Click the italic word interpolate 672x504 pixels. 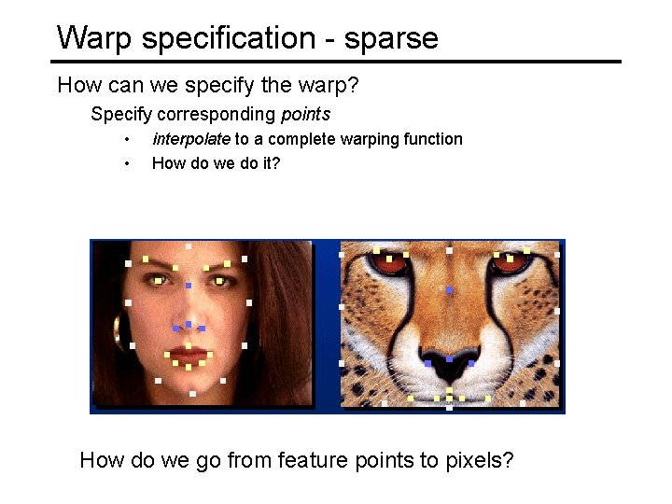[191, 139]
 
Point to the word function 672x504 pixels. [433, 139]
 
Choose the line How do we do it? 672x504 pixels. [216, 163]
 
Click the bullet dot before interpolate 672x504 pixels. [127, 140]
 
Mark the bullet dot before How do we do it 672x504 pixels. [127, 164]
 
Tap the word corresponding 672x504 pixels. [218, 115]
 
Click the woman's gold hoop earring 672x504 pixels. [118, 329]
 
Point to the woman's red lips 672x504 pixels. [189, 357]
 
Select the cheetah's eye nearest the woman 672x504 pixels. [390, 262]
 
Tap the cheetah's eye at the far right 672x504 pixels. [511, 262]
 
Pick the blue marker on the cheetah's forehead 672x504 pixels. [449, 290]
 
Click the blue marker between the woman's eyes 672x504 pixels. [189, 285]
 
